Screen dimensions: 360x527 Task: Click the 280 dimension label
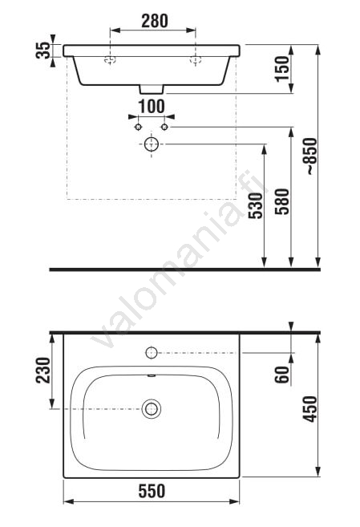click(x=155, y=21)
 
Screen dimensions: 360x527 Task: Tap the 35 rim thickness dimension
click(x=42, y=51)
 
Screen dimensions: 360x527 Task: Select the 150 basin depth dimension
click(x=282, y=68)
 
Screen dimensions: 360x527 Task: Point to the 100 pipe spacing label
click(x=152, y=107)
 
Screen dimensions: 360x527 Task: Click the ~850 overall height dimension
click(x=311, y=156)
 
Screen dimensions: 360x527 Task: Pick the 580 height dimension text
click(x=281, y=201)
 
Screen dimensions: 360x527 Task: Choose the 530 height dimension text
click(x=256, y=205)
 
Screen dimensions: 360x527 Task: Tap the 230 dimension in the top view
click(x=43, y=370)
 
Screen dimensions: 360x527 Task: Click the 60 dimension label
click(x=282, y=375)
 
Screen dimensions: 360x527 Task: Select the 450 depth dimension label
click(x=309, y=409)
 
